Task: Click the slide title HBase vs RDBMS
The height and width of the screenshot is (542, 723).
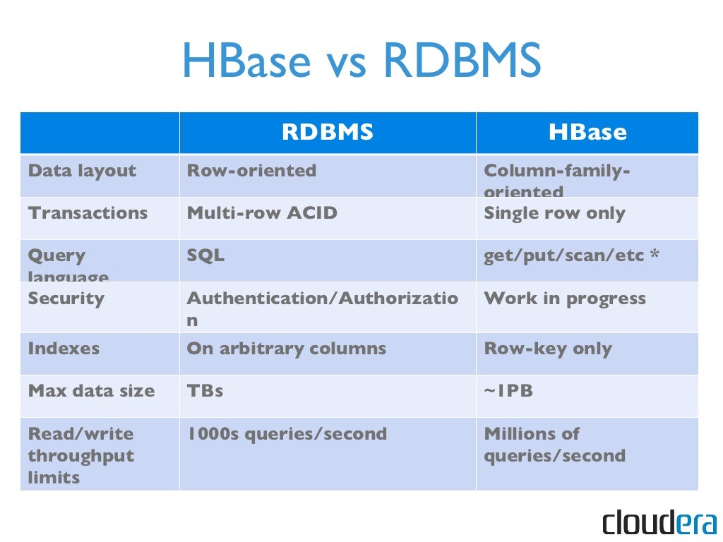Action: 361,61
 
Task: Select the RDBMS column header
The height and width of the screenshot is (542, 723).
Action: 328,133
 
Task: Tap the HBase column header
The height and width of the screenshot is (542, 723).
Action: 587,133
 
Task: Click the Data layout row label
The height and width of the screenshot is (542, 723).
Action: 82,171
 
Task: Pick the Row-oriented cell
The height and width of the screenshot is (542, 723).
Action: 251,171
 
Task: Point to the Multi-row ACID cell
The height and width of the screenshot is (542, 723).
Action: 262,213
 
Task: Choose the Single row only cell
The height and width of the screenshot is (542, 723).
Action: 554,213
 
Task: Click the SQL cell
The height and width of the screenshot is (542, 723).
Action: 205,255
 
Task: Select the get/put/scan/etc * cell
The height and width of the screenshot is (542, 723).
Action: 572,255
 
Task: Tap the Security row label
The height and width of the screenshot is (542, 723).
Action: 66,299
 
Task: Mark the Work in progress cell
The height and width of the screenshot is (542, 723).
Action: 565,299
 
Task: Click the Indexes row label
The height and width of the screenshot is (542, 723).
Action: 64,349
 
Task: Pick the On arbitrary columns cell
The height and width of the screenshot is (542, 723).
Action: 287,349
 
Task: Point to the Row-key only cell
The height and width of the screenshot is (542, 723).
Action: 548,349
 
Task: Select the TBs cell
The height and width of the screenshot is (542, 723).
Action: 205,391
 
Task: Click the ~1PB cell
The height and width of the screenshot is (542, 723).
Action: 508,391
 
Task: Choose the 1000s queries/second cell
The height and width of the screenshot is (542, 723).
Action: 287,434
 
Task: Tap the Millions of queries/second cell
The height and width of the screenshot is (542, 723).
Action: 554,445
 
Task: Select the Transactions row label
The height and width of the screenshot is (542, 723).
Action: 88,213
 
